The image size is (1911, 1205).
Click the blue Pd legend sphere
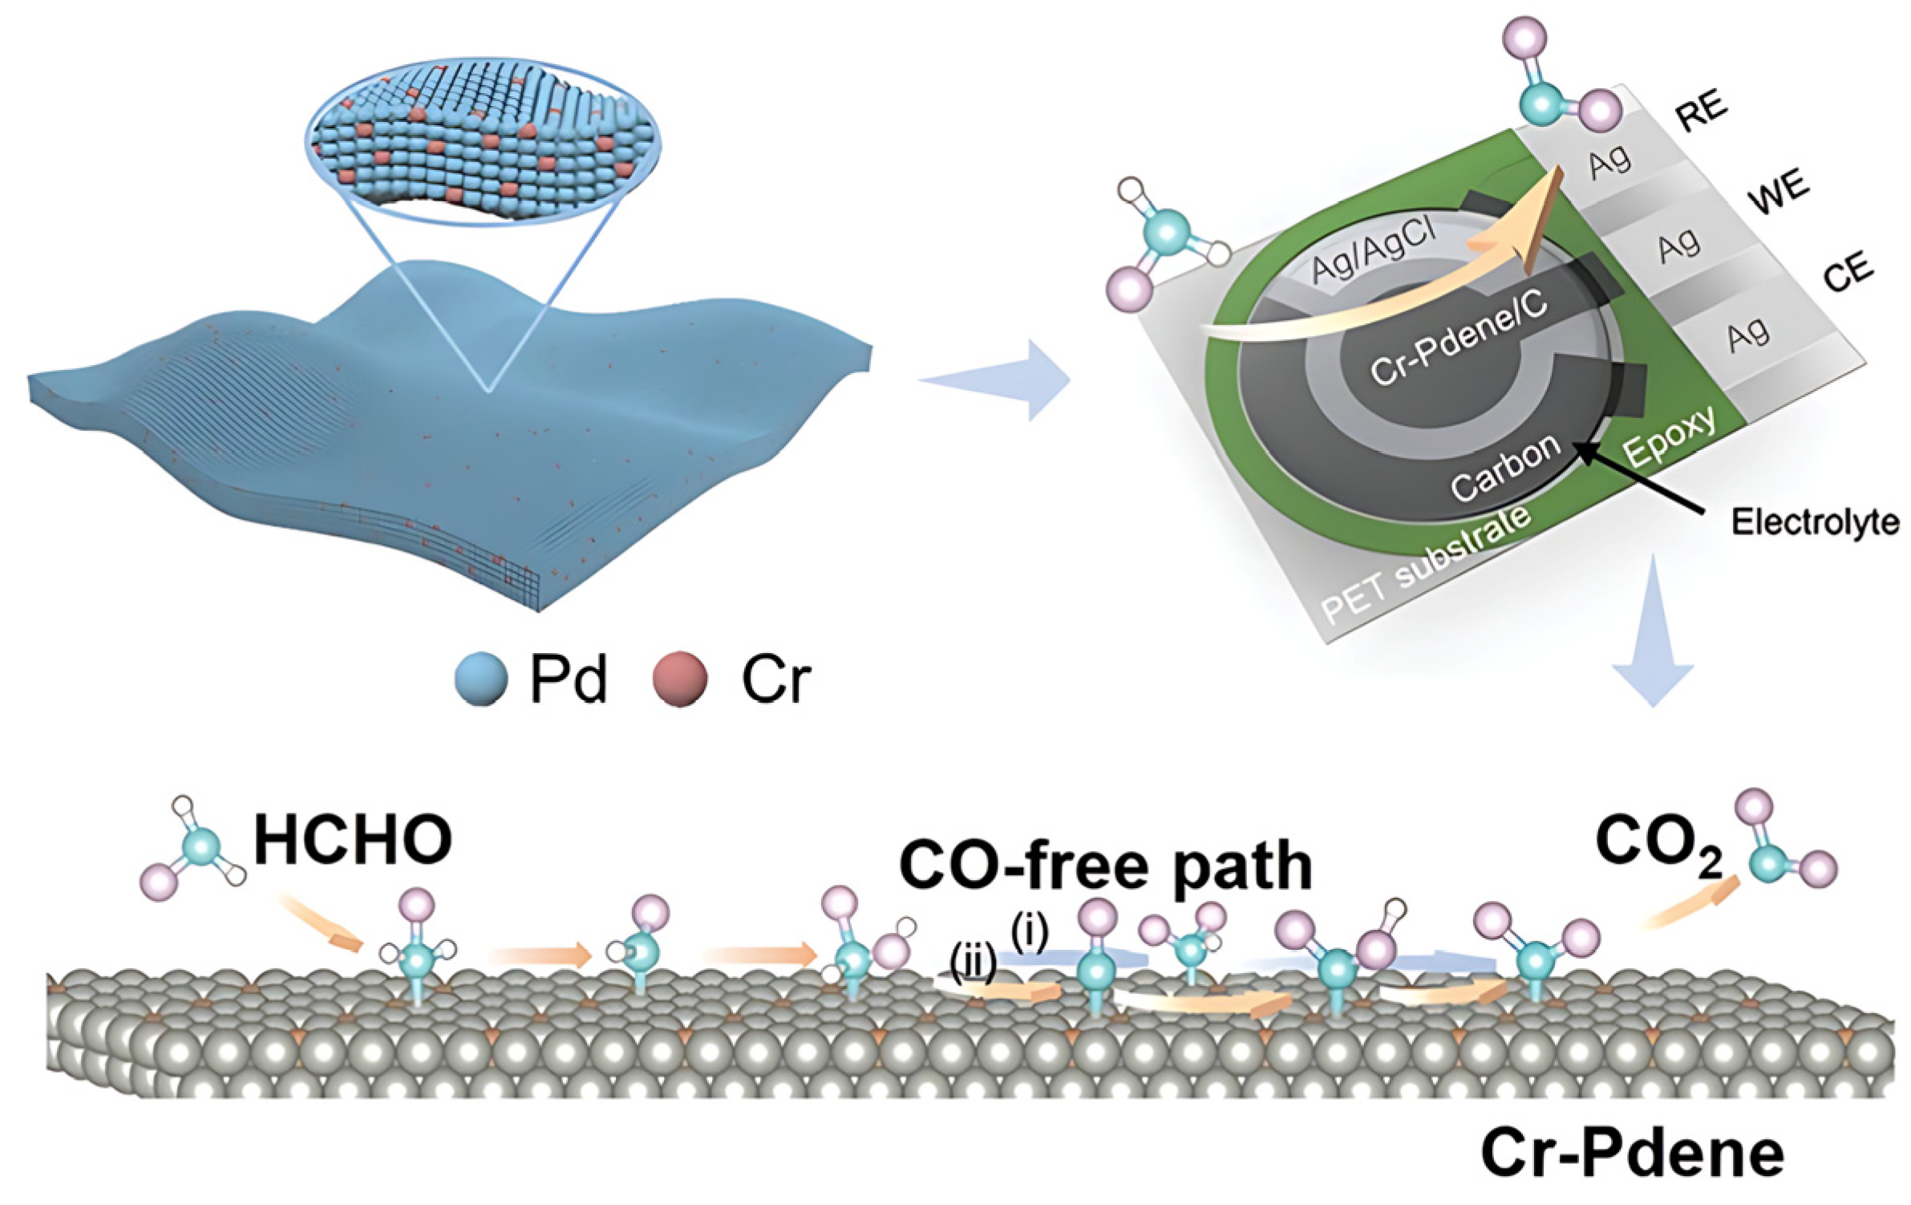click(x=480, y=678)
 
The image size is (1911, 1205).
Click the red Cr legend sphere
click(x=680, y=678)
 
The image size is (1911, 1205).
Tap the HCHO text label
click(x=353, y=839)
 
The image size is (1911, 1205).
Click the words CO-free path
click(x=1105, y=866)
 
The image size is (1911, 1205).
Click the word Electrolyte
click(x=1815, y=522)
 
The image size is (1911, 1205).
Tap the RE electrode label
click(x=1701, y=112)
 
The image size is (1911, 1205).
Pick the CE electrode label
click(x=1848, y=272)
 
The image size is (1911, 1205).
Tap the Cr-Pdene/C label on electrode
click(x=1457, y=337)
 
